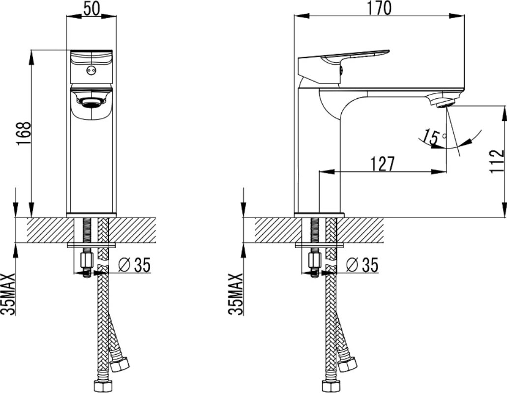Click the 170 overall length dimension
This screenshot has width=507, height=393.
(x=379, y=8)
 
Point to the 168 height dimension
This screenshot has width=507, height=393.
(x=24, y=134)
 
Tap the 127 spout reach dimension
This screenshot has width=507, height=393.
(x=383, y=164)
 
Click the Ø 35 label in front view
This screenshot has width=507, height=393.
(x=135, y=265)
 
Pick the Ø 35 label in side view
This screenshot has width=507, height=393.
(x=362, y=265)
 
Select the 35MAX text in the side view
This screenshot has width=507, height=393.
(x=236, y=294)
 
